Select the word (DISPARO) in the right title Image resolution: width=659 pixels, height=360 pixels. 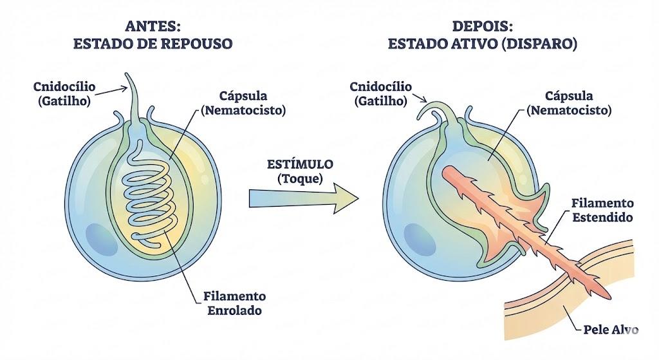tap(539, 44)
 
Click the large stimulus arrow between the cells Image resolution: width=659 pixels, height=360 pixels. tap(304, 198)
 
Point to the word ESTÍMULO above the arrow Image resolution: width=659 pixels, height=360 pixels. tap(300, 164)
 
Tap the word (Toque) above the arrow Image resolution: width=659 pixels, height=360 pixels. tap(300, 179)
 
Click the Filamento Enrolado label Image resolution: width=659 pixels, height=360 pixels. tap(234, 303)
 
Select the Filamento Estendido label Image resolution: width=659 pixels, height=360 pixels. tap(602, 211)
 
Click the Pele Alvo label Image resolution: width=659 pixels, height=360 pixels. tap(611, 329)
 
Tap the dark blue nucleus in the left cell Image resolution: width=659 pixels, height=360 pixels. tap(101, 240)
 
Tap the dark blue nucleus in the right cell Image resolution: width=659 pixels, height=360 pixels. tap(420, 240)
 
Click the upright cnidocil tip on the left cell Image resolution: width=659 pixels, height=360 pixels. tap(127, 75)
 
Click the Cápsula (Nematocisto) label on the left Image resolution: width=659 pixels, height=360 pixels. tap(243, 102)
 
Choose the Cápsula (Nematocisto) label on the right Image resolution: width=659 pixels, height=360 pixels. tap(569, 102)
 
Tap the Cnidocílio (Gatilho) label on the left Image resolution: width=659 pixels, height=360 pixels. tap(64, 94)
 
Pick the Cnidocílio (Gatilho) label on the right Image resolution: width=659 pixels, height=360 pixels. tap(381, 94)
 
